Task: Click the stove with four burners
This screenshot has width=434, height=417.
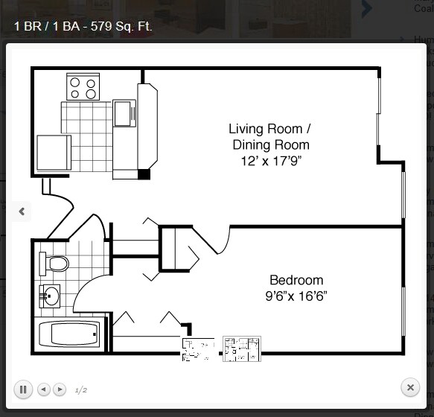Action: (x=83, y=86)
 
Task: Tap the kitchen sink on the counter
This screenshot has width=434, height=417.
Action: (x=124, y=114)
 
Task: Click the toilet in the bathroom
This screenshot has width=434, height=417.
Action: (x=54, y=263)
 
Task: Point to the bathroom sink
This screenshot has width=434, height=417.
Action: (x=50, y=296)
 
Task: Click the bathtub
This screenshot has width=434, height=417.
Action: (x=68, y=334)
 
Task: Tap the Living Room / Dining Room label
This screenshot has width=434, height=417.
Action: (x=269, y=136)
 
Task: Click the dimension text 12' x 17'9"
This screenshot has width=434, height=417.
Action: (x=270, y=161)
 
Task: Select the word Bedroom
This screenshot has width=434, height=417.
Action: (x=296, y=280)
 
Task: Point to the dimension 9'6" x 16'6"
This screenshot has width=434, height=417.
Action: (x=296, y=296)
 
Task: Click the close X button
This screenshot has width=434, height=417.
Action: (x=410, y=387)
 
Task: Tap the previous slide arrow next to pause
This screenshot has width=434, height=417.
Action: (x=43, y=389)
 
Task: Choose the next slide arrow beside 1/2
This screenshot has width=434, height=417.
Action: (x=60, y=389)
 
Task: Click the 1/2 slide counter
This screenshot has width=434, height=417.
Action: (x=81, y=389)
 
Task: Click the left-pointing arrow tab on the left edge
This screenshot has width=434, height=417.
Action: (x=22, y=211)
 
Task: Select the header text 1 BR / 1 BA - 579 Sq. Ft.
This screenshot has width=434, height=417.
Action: (x=83, y=27)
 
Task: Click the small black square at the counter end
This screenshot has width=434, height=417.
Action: (x=144, y=174)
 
